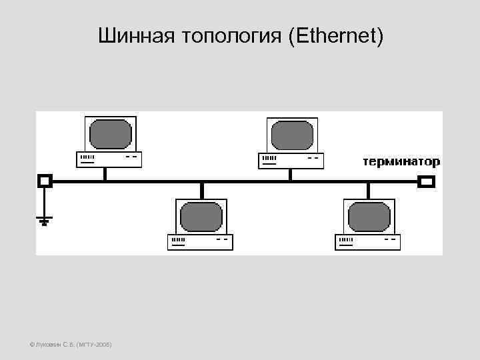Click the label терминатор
[x=401, y=162]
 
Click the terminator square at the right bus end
[x=426, y=180]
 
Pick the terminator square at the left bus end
[x=45, y=180]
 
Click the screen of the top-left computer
[x=111, y=133]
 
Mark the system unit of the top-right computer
[x=291, y=160]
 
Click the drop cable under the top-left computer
[x=105, y=173]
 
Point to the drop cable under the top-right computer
[x=290, y=173]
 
